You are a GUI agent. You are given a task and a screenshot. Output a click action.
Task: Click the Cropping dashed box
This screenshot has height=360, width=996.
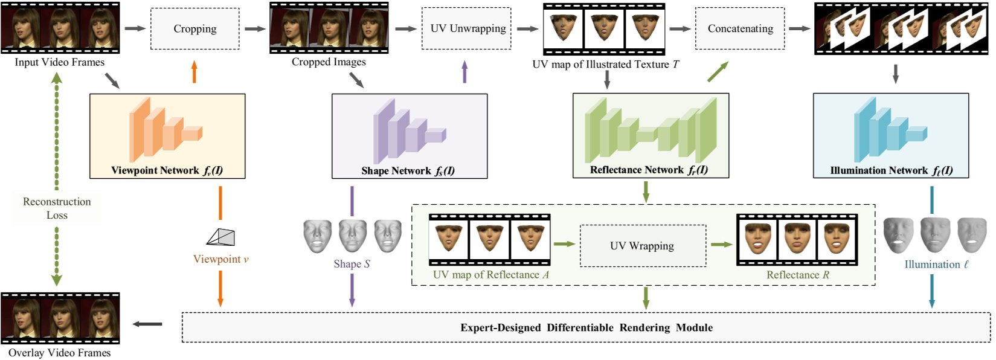194,28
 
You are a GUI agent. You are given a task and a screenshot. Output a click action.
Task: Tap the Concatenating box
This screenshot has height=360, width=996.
740,28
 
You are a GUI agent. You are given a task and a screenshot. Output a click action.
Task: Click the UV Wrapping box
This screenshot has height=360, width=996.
643,246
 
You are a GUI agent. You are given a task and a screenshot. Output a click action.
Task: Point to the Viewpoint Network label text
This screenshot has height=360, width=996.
167,170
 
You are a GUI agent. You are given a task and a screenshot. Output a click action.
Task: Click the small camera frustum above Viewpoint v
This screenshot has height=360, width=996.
220,237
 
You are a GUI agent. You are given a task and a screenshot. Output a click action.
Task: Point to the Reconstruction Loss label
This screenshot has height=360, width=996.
57,208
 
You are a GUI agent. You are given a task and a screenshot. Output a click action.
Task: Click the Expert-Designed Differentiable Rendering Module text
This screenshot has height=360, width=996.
586,327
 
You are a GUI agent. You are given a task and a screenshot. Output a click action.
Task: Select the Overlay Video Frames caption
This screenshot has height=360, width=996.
59,353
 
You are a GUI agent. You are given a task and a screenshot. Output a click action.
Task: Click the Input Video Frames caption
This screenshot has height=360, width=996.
59,62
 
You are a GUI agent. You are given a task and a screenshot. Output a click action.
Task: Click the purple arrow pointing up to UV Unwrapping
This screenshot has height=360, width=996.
464,72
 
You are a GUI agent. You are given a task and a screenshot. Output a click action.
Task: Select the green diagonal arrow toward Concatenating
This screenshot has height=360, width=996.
718,72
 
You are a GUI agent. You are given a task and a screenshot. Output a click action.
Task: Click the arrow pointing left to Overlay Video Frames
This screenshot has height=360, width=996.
147,324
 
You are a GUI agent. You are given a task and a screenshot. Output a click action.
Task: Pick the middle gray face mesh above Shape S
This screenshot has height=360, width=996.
353,236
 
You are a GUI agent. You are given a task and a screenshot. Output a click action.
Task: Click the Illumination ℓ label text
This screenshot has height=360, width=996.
936,264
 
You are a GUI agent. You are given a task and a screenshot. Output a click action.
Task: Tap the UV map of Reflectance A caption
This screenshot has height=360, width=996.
490,275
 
